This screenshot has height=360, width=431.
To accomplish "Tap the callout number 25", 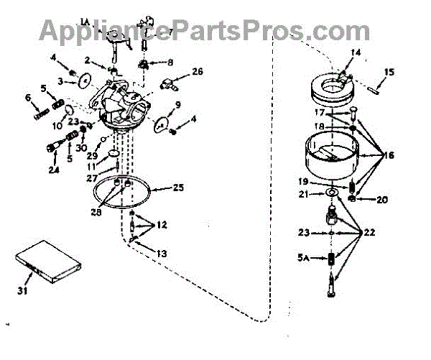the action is [x=179, y=188].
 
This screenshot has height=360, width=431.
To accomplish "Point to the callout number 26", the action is [x=198, y=71].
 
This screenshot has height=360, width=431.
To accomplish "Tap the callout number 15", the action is [x=389, y=72].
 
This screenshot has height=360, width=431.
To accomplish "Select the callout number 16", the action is [x=389, y=154].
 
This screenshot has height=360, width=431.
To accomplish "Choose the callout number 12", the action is [x=163, y=225].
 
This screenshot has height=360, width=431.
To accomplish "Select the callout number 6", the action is [x=29, y=97].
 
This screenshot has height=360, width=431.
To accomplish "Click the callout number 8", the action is [x=170, y=63].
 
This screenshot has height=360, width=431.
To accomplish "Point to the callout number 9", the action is [x=177, y=106].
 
